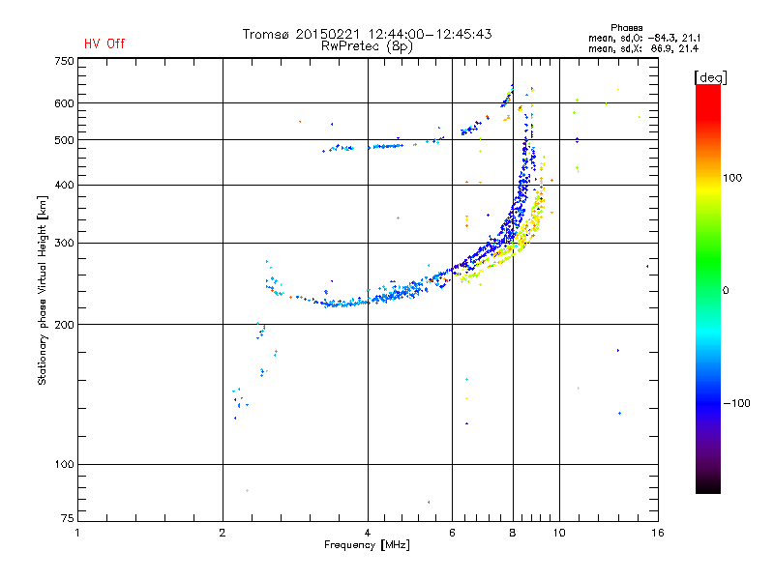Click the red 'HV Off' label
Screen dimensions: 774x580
click(x=104, y=43)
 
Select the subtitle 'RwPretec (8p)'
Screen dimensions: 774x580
click(x=367, y=46)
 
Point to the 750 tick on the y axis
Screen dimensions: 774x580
click(x=64, y=61)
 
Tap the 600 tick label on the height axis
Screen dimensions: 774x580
click(x=64, y=103)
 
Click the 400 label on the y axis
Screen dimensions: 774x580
click(x=64, y=185)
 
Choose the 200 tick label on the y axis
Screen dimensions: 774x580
click(x=64, y=325)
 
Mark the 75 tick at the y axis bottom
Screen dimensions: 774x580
click(x=68, y=518)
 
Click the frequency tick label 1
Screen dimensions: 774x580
click(x=77, y=533)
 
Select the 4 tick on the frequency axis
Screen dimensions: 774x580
click(x=368, y=533)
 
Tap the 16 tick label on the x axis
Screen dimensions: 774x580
click(x=658, y=533)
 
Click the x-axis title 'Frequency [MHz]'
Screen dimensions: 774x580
click(x=367, y=545)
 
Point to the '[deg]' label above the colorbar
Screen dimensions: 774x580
click(x=710, y=77)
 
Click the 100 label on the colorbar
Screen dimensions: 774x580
click(x=732, y=178)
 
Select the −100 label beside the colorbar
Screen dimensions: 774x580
click(x=736, y=403)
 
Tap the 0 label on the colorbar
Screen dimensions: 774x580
click(x=726, y=291)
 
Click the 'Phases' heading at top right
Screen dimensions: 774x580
click(x=626, y=28)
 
